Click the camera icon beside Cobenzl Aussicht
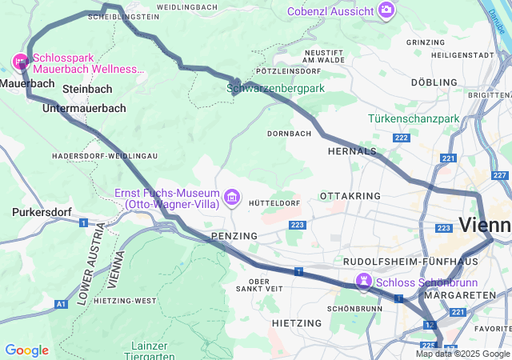[387, 10]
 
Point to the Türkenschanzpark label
[414, 118]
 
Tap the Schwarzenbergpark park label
[275, 89]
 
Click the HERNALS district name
[352, 150]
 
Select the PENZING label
[234, 236]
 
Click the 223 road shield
[298, 226]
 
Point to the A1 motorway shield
[62, 304]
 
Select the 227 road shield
[500, 175]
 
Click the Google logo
[26, 350]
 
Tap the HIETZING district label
[297, 322]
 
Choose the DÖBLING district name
[434, 82]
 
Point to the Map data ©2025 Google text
[462, 354]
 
